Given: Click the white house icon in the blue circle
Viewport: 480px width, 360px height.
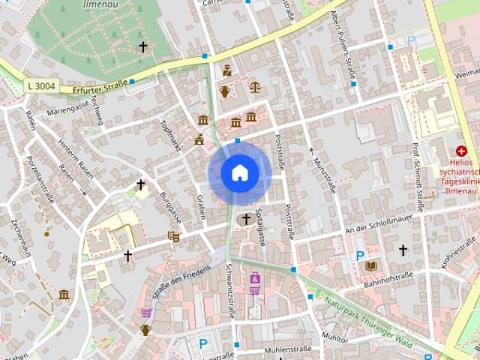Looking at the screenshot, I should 240,173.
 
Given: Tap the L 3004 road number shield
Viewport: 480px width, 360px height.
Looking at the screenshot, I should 40,86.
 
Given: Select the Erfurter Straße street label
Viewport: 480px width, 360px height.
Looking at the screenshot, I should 100,87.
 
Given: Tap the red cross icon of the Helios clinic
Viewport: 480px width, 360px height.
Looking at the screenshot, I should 460,151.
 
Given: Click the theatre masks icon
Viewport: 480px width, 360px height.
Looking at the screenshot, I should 174,236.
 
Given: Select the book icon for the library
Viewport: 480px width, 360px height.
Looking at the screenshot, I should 370,265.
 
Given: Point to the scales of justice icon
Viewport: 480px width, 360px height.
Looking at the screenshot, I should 256,87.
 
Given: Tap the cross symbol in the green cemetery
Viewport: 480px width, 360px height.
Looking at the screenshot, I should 142,46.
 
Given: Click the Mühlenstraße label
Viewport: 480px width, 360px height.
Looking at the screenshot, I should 288,349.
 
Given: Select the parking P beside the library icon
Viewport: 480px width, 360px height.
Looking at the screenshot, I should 360,256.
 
